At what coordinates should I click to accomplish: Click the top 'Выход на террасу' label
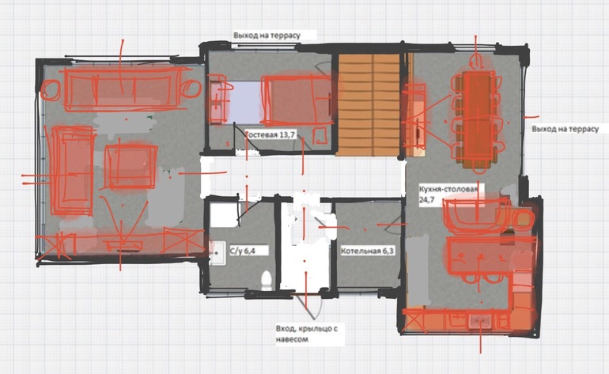[267, 36]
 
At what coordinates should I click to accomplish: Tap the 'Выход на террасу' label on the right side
[565, 129]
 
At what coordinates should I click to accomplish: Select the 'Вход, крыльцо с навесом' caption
[307, 334]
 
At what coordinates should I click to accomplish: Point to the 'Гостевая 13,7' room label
[270, 134]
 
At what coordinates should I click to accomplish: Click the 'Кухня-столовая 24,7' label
[448, 195]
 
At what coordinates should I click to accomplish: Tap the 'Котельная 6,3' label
[367, 251]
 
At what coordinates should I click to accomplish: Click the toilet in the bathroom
[266, 280]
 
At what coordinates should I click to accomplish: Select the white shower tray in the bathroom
[224, 214]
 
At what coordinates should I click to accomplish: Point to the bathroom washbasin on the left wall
[217, 253]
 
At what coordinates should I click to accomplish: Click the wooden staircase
[369, 104]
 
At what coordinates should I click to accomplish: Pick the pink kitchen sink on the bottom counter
[480, 322]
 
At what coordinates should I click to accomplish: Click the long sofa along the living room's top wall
[120, 89]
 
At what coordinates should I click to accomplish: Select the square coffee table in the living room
[130, 167]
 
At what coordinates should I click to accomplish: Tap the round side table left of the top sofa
[51, 90]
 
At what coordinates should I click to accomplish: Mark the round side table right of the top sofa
[191, 88]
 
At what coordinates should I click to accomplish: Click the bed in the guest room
[297, 100]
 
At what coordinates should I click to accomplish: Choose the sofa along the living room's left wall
[72, 171]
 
